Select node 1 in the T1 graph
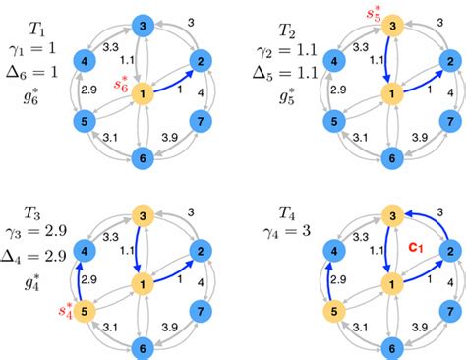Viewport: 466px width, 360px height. click(145, 92)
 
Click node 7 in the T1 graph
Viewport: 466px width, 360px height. click(202, 121)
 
